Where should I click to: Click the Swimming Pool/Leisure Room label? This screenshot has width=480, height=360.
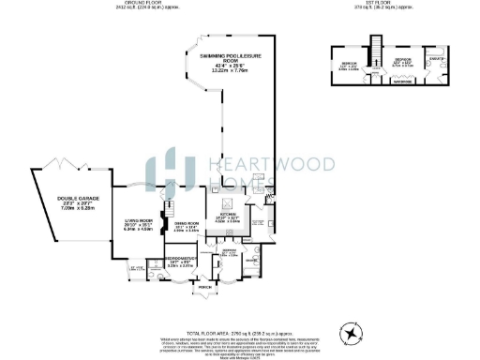229,67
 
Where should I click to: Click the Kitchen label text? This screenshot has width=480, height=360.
229,217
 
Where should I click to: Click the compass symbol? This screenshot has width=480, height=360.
352,330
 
